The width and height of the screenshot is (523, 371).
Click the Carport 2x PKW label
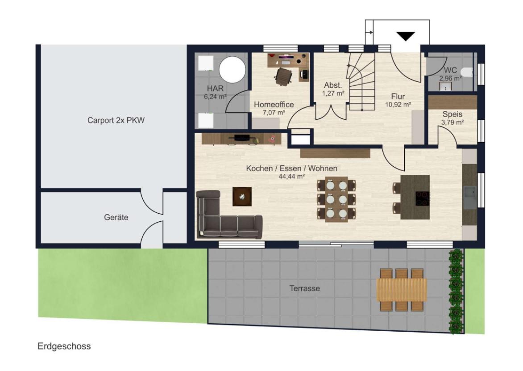pyautogui.click(x=116, y=120)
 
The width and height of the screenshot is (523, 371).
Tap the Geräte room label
pyautogui.click(x=116, y=217)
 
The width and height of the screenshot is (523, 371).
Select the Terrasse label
pyautogui.click(x=304, y=288)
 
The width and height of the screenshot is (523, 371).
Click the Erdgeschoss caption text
pyautogui.click(x=64, y=346)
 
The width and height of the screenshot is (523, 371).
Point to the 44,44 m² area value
pyautogui.click(x=292, y=177)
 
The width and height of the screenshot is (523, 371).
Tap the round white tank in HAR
pyautogui.click(x=232, y=70)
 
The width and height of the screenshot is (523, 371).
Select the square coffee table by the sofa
pyautogui.click(x=242, y=197)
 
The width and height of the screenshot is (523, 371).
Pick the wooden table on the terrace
pyautogui.click(x=402, y=290)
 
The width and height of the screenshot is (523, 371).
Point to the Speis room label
pyautogui.click(x=452, y=114)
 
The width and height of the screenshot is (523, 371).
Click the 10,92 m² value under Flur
pyautogui.click(x=398, y=104)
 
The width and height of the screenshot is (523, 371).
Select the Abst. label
pyautogui.click(x=333, y=85)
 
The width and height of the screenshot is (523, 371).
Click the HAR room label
pyautogui.click(x=215, y=89)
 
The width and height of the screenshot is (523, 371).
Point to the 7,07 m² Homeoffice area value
pyautogui.click(x=274, y=113)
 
